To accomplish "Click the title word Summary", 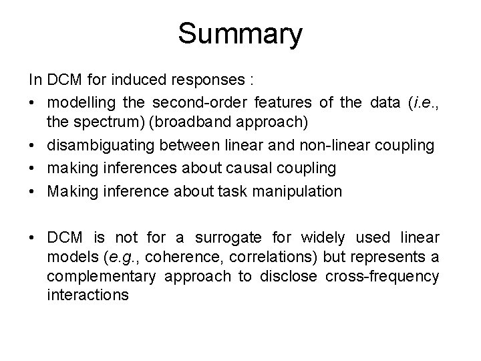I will click(x=240, y=33).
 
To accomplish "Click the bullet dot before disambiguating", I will click(x=33, y=145).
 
